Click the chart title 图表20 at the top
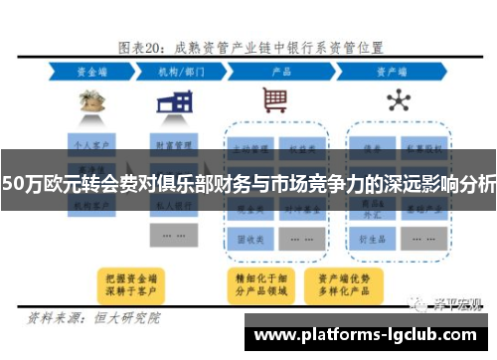[248, 48]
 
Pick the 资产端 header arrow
[397, 72]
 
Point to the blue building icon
[180, 100]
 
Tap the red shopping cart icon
[275, 100]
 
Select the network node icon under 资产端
[398, 100]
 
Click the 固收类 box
[252, 239]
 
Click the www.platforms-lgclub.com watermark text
[369, 336]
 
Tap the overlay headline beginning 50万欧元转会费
[248, 183]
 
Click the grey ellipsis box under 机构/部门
[172, 235]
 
